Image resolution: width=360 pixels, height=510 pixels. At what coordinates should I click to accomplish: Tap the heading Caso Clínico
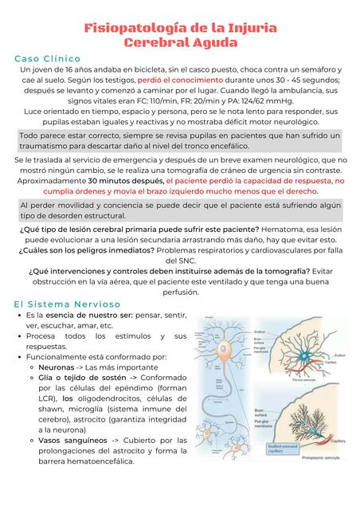(x=47, y=59)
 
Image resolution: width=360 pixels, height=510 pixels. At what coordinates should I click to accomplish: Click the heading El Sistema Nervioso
(x=67, y=304)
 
